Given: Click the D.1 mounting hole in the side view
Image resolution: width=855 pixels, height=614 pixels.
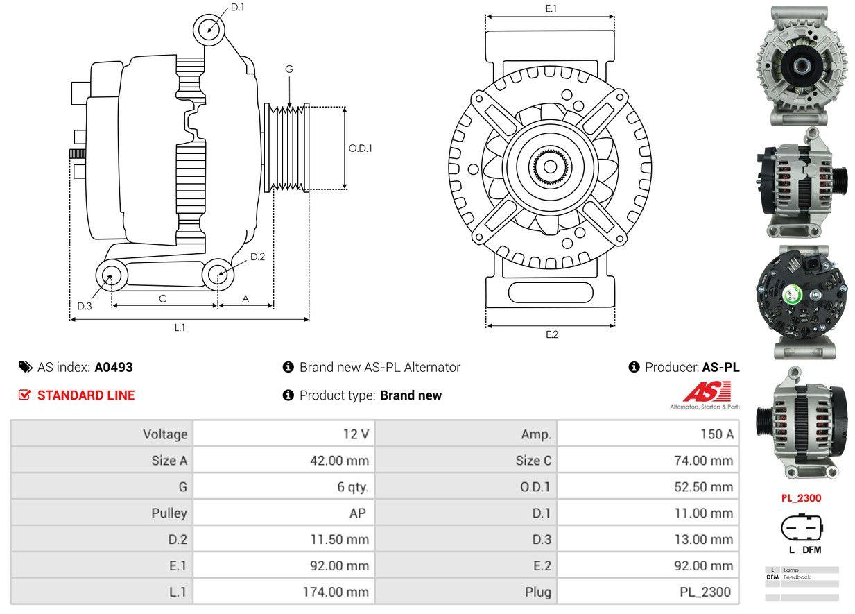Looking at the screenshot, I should pyautogui.click(x=208, y=30).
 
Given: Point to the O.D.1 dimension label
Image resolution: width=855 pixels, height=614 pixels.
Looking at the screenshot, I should pyautogui.click(x=360, y=148).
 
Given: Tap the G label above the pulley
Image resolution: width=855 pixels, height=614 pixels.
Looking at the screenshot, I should pyautogui.click(x=289, y=69).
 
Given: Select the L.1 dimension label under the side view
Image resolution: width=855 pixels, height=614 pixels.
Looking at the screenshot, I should pyautogui.click(x=180, y=327).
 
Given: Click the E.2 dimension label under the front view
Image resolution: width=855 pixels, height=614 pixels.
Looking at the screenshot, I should pyautogui.click(x=551, y=334).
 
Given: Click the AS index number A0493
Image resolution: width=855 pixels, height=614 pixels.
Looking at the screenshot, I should pyautogui.click(x=114, y=367).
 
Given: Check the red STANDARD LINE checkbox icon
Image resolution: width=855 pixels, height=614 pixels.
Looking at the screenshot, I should pyautogui.click(x=25, y=395).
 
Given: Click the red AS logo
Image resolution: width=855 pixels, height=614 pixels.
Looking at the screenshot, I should pyautogui.click(x=706, y=393).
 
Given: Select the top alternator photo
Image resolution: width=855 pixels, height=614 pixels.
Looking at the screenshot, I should pyautogui.click(x=802, y=65).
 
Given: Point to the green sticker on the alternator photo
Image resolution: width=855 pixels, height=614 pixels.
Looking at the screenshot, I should pyautogui.click(x=791, y=296).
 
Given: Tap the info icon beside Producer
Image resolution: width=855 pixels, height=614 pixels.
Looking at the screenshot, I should pyautogui.click(x=634, y=367).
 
